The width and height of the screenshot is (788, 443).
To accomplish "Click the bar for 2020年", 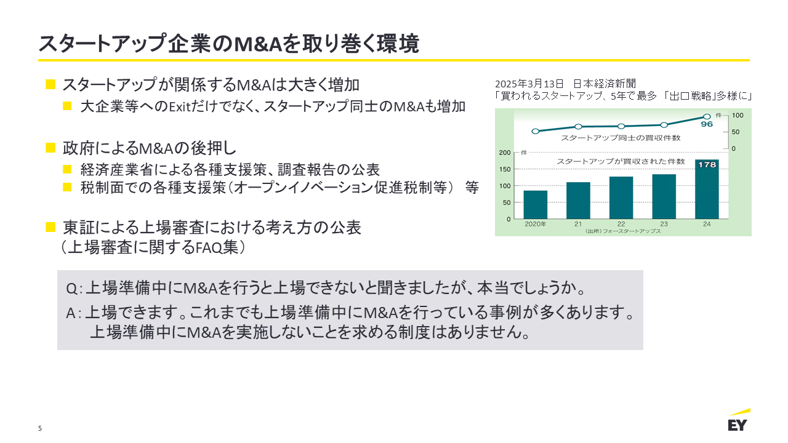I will [x=535, y=204].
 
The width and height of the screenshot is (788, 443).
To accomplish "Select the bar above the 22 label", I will [x=621, y=198].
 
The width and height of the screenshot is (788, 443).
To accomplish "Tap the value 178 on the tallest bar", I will [x=707, y=165].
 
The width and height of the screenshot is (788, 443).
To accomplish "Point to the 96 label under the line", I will [x=707, y=124].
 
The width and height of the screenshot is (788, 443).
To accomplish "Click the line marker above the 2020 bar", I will [x=535, y=131].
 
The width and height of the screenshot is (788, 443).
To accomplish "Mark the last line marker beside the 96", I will [x=707, y=116].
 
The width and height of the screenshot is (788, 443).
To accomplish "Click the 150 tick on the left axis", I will [x=505, y=169].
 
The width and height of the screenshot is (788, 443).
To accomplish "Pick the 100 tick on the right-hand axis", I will [x=738, y=115].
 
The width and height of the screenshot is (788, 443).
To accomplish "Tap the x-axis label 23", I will [x=664, y=224].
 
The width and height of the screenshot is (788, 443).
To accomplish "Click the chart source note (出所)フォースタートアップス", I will [x=623, y=231].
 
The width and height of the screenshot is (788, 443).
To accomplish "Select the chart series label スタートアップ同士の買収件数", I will [x=621, y=138].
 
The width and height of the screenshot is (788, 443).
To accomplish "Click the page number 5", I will [x=40, y=428].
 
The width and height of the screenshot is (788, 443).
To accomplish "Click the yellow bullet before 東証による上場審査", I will [x=50, y=227].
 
